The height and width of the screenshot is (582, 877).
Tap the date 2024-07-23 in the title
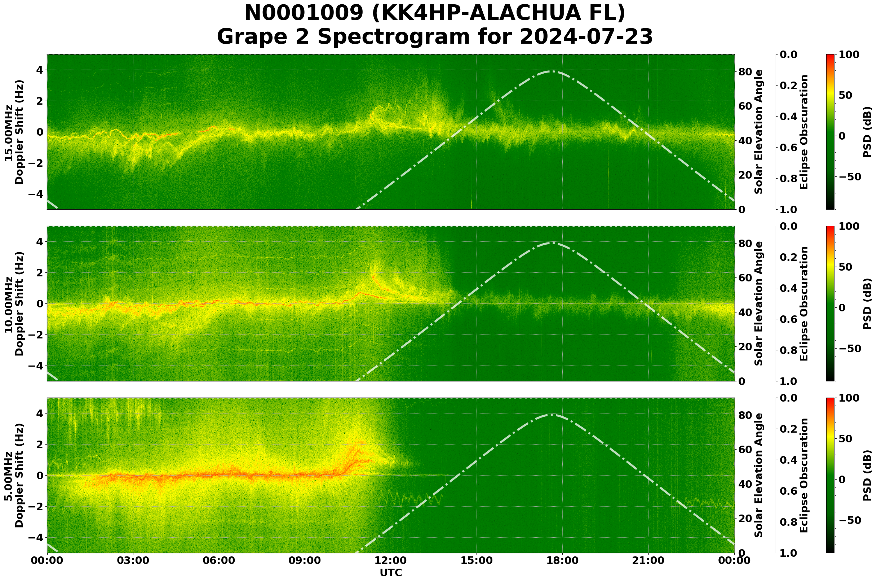coord(586,36)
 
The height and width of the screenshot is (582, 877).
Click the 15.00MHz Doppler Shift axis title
coord(14,132)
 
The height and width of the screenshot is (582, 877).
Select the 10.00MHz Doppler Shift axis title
coord(14,303)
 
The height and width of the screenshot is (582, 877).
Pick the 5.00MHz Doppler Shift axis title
coord(14,475)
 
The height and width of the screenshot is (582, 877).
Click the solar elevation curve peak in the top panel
coord(552,71)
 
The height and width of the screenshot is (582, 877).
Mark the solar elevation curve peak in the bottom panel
coord(552,415)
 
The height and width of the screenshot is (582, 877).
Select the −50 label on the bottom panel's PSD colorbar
coord(850,520)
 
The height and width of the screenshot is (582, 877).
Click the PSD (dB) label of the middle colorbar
coord(867,303)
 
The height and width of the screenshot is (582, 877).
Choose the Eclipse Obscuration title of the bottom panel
coord(803,475)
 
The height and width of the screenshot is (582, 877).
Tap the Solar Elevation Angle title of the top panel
coord(759,132)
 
